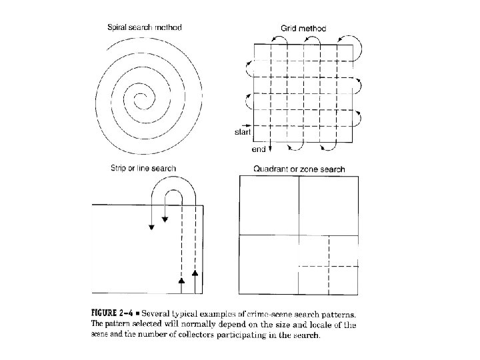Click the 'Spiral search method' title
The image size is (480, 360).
[145, 27]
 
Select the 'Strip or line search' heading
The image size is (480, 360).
[143, 168]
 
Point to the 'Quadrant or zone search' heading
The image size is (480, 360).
[299, 169]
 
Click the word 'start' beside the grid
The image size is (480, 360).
[241, 132]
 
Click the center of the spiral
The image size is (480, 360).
[141, 100]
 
